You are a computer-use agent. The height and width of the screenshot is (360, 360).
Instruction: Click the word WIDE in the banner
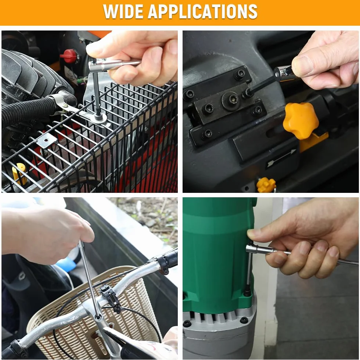click(x=123, y=11)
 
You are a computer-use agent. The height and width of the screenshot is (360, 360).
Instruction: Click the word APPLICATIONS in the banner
click(x=202, y=11)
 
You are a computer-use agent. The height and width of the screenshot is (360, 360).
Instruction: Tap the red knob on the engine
click(x=69, y=56)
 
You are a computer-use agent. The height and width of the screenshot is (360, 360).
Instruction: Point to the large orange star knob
click(x=300, y=121)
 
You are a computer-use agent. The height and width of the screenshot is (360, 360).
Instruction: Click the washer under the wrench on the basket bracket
click(x=99, y=118)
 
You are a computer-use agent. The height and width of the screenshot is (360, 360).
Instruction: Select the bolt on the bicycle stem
click(x=98, y=318)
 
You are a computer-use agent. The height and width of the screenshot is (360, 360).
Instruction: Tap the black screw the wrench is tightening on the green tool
click(x=247, y=291)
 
